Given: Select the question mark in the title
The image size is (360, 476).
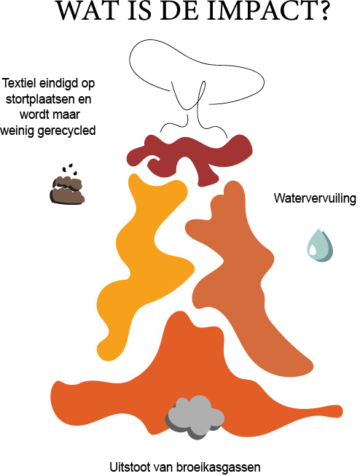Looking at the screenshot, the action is [x=321, y=11].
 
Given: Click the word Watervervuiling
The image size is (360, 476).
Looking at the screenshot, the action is [x=315, y=198].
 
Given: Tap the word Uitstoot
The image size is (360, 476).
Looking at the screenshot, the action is [x=128, y=467].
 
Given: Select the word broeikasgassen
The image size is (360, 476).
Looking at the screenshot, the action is [x=218, y=467].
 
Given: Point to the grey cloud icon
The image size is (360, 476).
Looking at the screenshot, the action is [x=195, y=416].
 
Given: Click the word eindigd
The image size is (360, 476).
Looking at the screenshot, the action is [x=58, y=83].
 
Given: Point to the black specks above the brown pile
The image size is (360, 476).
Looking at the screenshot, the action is [x=69, y=169].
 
